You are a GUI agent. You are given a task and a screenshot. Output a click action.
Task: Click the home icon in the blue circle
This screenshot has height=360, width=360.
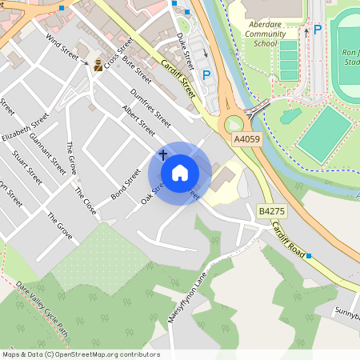click(179, 172)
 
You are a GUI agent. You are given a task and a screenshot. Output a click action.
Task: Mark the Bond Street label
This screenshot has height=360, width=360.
click(126, 183)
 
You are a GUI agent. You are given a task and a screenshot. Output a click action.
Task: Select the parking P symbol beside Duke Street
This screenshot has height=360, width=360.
click(206, 74)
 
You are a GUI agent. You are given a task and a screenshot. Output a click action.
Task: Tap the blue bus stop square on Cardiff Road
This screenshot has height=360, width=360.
click(309, 255)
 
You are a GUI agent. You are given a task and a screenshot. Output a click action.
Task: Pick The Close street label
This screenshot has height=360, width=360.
click(85, 200)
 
